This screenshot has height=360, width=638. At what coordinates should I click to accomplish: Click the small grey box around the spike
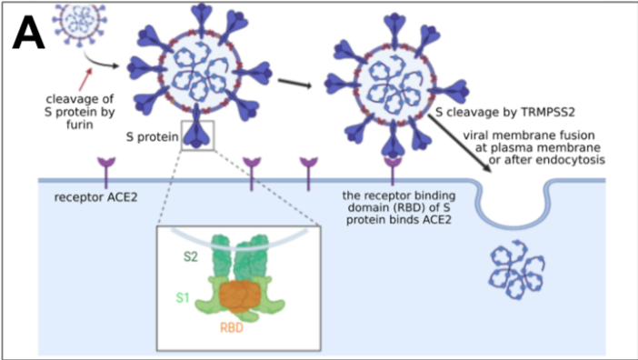click(x=197, y=134)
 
